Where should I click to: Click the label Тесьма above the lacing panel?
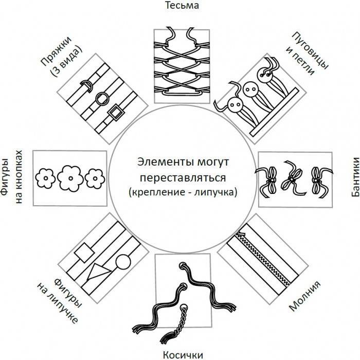click(180, 6)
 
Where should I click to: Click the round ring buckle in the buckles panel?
click(101, 98)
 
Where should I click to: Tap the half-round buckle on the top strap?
click(86, 83)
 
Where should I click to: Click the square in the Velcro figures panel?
click(83, 252)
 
